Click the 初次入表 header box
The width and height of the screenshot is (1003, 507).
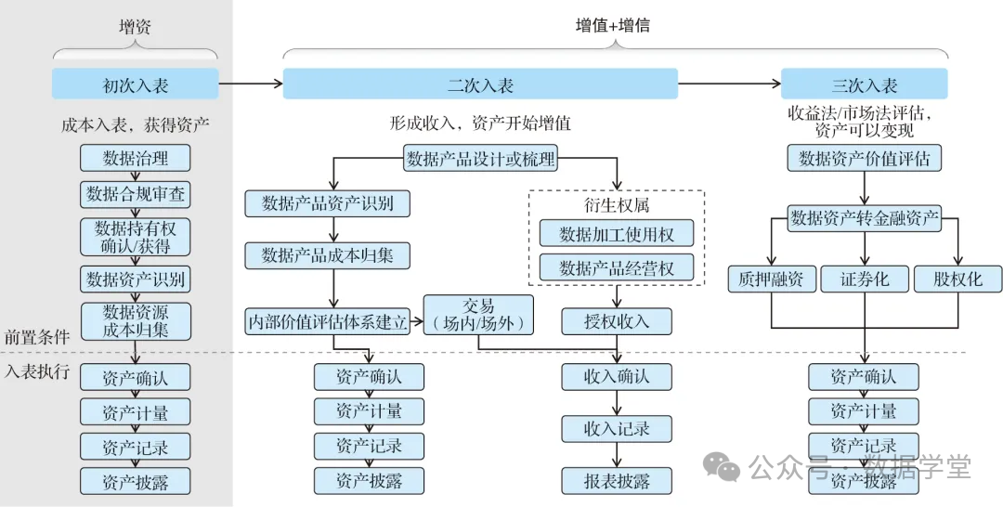[x=136, y=84]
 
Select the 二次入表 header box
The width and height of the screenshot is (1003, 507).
[x=480, y=84]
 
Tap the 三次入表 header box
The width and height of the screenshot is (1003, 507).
[x=864, y=84]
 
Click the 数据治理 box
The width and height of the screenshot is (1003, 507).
[x=136, y=159]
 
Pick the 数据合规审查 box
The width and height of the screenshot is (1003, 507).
[x=136, y=194]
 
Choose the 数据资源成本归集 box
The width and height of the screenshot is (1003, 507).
[x=136, y=321]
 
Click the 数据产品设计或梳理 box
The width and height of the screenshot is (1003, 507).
[x=480, y=159]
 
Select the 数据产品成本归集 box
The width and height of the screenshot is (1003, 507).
[x=327, y=254]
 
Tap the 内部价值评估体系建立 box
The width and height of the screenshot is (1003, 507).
[x=327, y=322]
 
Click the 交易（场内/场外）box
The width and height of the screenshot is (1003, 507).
[x=478, y=315]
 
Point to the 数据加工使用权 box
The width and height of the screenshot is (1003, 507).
[x=617, y=233]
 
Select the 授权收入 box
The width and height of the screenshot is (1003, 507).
[x=617, y=322]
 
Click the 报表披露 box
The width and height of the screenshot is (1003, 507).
[x=617, y=481]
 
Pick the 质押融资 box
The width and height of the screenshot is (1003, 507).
[x=772, y=279]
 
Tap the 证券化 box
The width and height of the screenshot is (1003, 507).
[x=865, y=279]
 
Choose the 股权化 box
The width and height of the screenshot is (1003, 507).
[x=958, y=279]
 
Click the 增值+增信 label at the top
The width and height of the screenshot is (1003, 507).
[x=613, y=26]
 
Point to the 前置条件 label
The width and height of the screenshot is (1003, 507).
[x=37, y=337]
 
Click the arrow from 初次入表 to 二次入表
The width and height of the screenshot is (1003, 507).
[x=251, y=84]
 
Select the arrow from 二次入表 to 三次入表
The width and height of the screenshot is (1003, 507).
[x=729, y=84]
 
